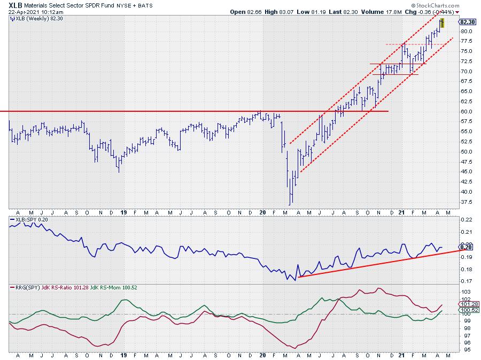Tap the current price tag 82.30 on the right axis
(x=468, y=22)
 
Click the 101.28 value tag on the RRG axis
(x=468, y=304)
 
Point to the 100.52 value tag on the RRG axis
(x=468, y=310)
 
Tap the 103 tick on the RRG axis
(x=465, y=292)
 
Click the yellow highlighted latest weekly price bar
(x=442, y=23)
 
